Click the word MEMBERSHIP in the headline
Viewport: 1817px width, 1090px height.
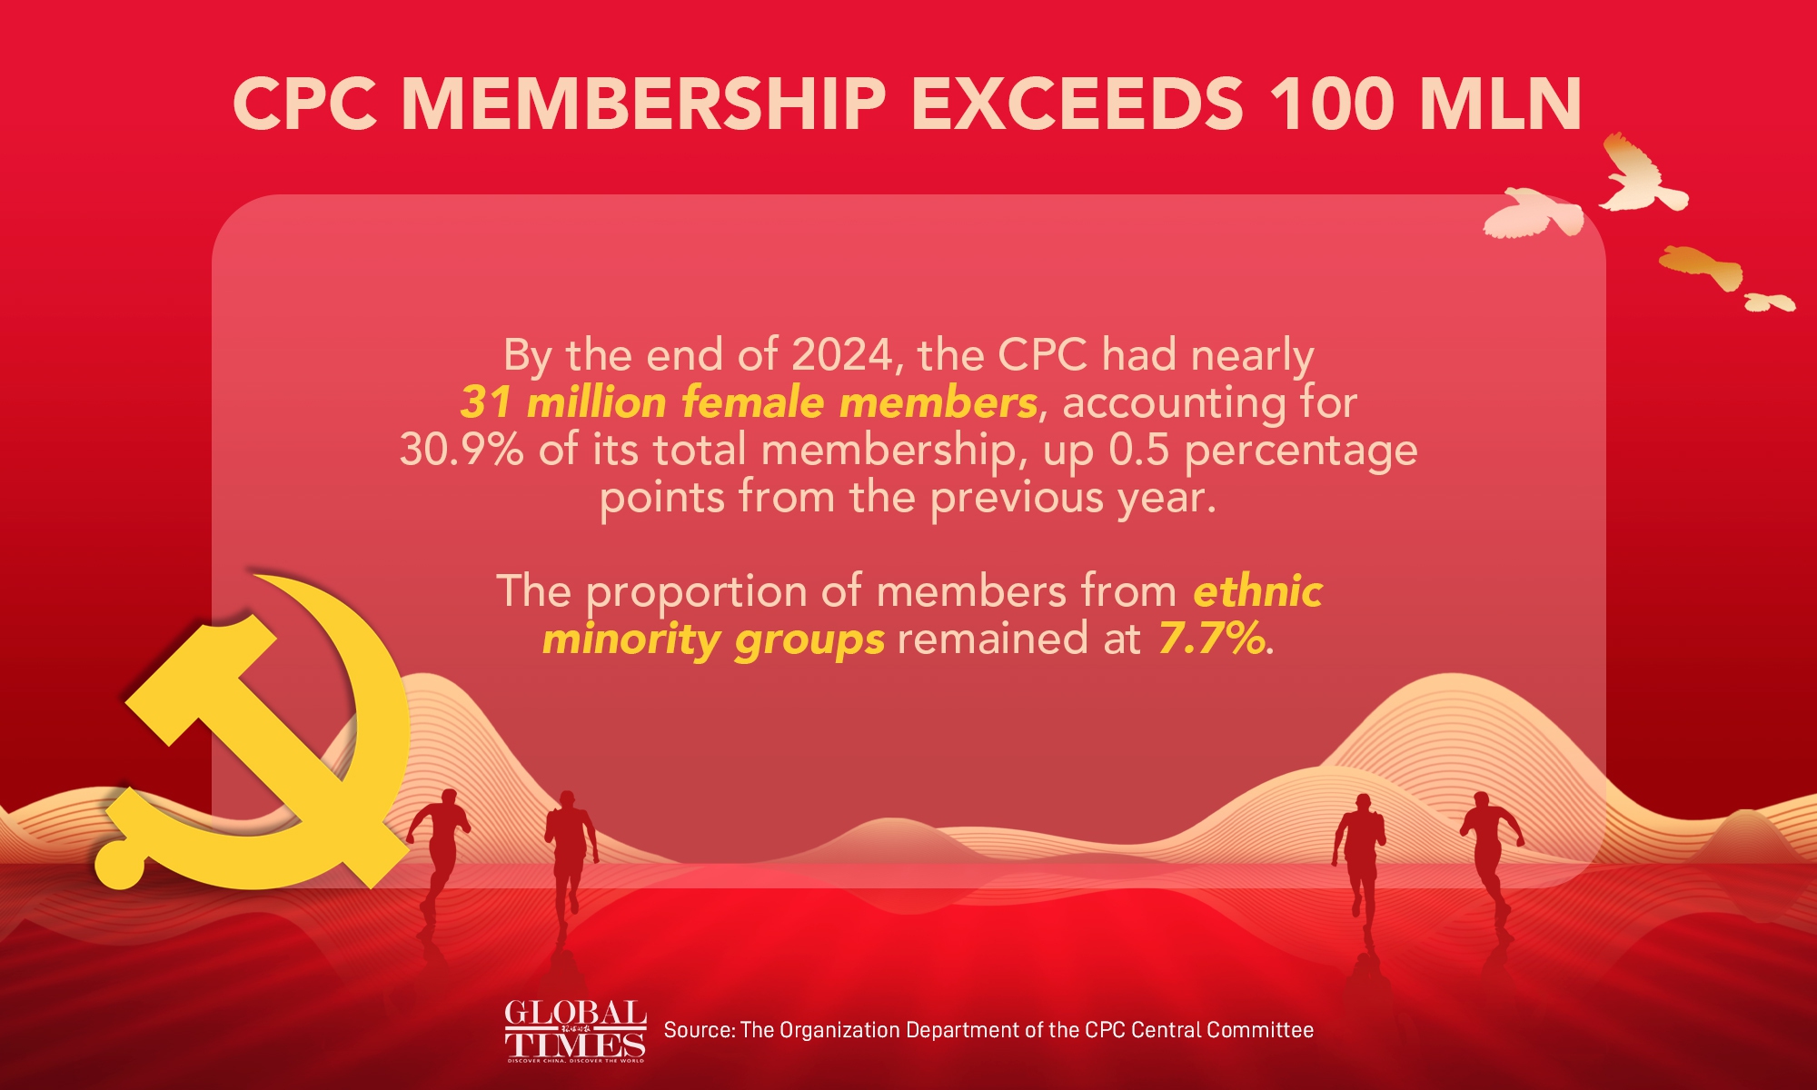tap(643, 104)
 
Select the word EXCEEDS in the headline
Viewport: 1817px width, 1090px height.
tap(1077, 104)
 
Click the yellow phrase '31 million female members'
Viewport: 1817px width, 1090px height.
tap(749, 402)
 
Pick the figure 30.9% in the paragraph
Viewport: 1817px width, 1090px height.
tap(462, 451)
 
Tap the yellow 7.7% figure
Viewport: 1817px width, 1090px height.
tap(1211, 639)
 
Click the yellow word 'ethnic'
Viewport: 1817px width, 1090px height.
tap(1257, 591)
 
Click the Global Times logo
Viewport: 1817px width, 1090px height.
tap(575, 1031)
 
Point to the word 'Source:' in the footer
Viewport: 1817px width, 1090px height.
tap(699, 1030)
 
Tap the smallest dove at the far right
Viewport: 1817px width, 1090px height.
tap(1769, 302)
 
